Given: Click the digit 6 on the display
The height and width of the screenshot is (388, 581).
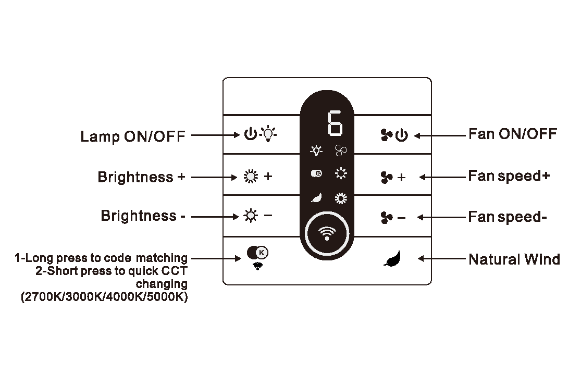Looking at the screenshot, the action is tap(335, 123).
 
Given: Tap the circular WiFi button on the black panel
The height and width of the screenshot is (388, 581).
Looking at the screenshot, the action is tap(327, 234).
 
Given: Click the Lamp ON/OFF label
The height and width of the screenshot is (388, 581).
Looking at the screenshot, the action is tap(133, 136).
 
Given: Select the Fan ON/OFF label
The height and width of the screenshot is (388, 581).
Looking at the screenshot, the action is tap(512, 134).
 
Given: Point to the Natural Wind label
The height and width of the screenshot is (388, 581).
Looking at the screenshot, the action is tap(514, 259).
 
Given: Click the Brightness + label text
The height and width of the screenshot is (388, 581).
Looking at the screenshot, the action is tap(141, 177).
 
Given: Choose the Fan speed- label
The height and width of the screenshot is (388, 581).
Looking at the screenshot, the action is tap(507, 217).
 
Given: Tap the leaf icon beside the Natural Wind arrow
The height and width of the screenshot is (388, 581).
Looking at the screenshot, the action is tap(393, 258).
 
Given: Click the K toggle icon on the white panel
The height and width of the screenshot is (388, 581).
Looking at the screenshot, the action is tap(257, 253).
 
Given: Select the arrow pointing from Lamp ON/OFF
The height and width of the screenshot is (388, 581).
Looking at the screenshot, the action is tap(216, 135).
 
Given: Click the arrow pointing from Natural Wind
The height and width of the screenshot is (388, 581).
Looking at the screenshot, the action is tap(442, 258).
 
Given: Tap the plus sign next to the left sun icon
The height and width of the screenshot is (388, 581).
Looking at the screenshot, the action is tap(268, 176).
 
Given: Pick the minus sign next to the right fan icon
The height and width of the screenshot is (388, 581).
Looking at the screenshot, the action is tap(401, 218).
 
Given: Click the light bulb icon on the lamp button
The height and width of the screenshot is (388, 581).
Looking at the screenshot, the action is tap(268, 134).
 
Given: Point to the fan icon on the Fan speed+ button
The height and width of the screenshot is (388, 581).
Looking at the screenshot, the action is tap(387, 178).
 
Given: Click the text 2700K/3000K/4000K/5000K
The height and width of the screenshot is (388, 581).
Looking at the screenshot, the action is tap(104, 297).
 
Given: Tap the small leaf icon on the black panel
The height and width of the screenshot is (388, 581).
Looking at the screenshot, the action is tap(316, 198).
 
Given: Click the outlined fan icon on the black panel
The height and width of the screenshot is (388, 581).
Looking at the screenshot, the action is tap(340, 151).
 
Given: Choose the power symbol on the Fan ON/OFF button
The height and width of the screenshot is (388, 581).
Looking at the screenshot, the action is tap(402, 135).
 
